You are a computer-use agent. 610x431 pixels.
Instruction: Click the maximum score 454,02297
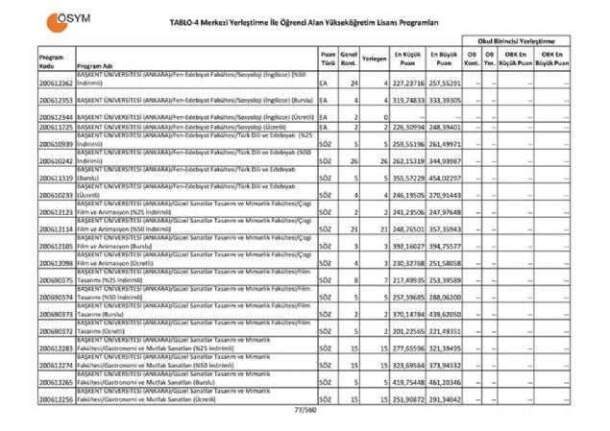coord(445,177)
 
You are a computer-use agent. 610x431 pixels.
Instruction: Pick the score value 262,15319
coord(409,161)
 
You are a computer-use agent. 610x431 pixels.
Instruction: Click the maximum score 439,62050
coord(445,314)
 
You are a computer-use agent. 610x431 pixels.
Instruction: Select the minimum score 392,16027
coord(409,246)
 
